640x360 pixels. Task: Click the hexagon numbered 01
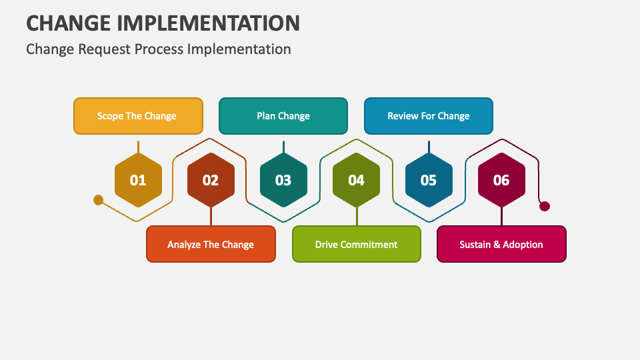pyautogui.click(x=138, y=180)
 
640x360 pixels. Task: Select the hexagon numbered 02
pyautogui.click(x=211, y=180)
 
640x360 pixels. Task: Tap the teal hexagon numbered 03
pyautogui.click(x=283, y=180)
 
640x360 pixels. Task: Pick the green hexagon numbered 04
pyautogui.click(x=356, y=180)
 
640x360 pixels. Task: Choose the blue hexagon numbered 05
pyautogui.click(x=429, y=180)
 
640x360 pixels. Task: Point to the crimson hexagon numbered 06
pyautogui.click(x=501, y=180)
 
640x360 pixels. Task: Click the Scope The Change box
pyautogui.click(x=138, y=116)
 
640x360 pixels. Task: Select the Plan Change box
pyautogui.click(x=283, y=116)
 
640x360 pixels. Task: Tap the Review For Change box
pyautogui.click(x=429, y=116)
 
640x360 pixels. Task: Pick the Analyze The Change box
pyautogui.click(x=211, y=244)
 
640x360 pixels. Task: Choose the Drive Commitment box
pyautogui.click(x=357, y=244)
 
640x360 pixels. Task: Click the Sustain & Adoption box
pyautogui.click(x=501, y=244)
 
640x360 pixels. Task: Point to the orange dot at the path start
pyautogui.click(x=99, y=199)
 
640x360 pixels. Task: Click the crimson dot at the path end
pyautogui.click(x=545, y=206)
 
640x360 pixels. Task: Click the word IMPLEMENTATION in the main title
pyautogui.click(x=208, y=23)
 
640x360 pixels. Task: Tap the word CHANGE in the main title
pyautogui.click(x=69, y=23)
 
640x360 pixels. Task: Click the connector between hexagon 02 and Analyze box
pyautogui.click(x=211, y=216)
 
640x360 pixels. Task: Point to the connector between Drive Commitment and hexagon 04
pyautogui.click(x=357, y=216)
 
